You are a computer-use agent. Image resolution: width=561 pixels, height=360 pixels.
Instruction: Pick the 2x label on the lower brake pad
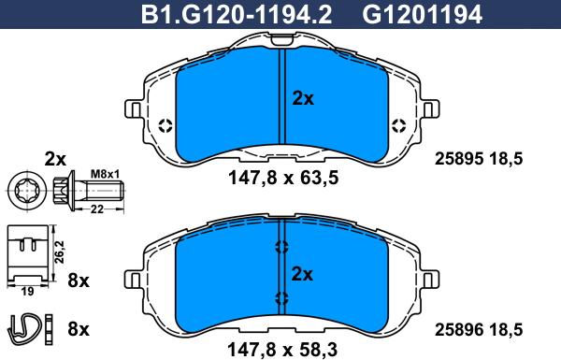[x=303, y=273]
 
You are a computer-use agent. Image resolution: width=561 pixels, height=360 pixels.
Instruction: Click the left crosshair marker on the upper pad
[x=165, y=126]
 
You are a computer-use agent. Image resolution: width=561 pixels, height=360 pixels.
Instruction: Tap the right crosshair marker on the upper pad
[x=399, y=126]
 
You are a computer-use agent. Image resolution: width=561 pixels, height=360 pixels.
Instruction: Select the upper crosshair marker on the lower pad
[x=282, y=247]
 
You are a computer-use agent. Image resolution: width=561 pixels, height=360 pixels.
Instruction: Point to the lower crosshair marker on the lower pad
[x=282, y=299]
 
